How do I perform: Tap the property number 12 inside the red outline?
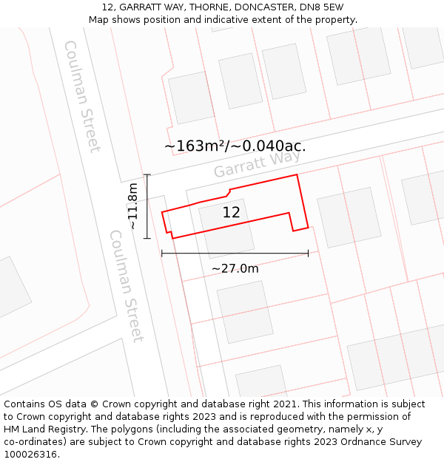[231, 212]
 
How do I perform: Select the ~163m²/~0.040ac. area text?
[235, 146]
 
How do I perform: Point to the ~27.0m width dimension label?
[235, 268]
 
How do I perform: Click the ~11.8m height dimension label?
[132, 206]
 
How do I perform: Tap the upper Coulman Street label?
[82, 96]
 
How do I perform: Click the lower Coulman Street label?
[127, 286]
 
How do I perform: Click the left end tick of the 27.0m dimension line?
[161, 254]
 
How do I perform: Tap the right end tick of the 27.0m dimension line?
[308, 254]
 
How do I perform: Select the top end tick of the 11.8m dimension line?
[147, 174]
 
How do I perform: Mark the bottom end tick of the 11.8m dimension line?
[147, 238]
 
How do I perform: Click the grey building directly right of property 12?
[349, 217]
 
